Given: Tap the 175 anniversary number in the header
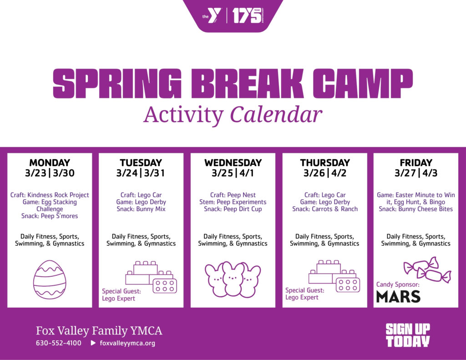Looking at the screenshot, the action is [x=246, y=16].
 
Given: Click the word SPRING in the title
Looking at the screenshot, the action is [x=117, y=84].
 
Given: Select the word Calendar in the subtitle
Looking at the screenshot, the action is [x=276, y=115].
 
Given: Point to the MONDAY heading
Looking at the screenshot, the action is [x=50, y=162].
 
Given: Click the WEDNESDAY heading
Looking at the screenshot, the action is [x=233, y=162].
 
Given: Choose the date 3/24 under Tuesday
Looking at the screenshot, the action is [x=127, y=173].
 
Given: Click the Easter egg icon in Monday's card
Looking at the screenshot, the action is [x=50, y=279].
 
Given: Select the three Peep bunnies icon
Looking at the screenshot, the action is [x=233, y=279].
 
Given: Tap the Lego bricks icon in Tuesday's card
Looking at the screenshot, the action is [x=151, y=277].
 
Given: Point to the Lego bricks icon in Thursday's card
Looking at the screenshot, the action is [x=334, y=276].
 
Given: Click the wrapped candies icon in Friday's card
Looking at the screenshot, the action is [x=427, y=269].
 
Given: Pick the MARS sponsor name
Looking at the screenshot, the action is [x=398, y=297].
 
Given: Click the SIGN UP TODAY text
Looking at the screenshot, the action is [x=408, y=335].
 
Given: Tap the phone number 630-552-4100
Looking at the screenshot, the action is [x=59, y=343].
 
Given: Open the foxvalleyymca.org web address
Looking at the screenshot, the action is [x=127, y=343].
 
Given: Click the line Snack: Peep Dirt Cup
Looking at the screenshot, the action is [x=233, y=209].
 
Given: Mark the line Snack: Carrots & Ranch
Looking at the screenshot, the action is [x=325, y=209].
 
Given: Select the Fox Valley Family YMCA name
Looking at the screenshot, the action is [x=99, y=330].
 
